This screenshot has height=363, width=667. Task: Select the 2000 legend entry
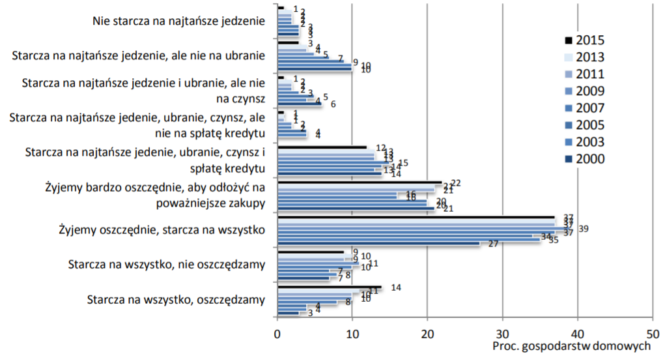pyautogui.click(x=583, y=158)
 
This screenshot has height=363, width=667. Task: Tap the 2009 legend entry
pyautogui.click(x=583, y=91)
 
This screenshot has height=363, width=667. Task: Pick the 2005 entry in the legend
pyautogui.click(x=583, y=124)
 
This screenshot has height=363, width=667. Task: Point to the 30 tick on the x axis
pyautogui.click(x=502, y=331)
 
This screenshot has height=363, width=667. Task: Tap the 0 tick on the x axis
pyautogui.click(x=278, y=331)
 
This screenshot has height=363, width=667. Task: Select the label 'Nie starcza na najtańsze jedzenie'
pyautogui.click(x=178, y=20)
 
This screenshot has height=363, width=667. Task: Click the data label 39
pyautogui.click(x=584, y=229)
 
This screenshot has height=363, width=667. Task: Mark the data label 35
pyautogui.click(x=554, y=240)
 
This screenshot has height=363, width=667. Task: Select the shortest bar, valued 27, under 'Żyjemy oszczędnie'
pyautogui.click(x=378, y=243)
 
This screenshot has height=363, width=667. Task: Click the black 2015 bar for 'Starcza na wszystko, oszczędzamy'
pyautogui.click(x=329, y=287)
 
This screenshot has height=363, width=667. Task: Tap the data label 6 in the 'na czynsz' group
pyautogui.click(x=333, y=104)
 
